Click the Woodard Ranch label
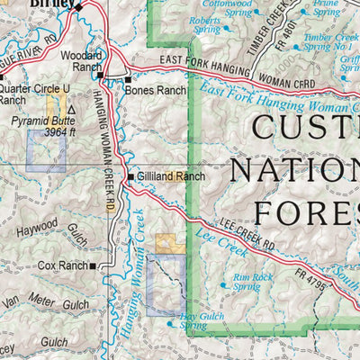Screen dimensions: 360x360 [80, 60]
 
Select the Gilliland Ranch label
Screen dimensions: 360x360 [171, 176]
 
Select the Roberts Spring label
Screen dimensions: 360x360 [205, 23]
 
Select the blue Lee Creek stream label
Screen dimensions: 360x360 [214, 244]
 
